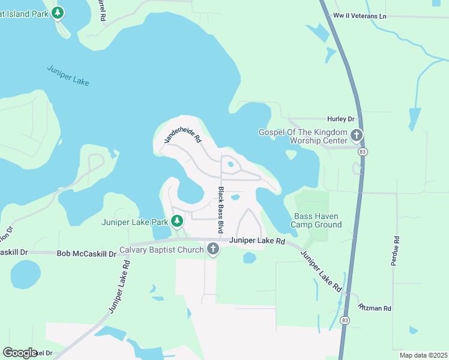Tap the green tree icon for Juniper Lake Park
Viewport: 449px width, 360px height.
177,222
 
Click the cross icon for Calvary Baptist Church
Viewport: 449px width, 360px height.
212,249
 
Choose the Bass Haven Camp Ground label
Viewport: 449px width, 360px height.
316,220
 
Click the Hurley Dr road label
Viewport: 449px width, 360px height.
341,119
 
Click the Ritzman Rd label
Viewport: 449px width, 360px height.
375,308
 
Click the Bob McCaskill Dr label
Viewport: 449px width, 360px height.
86,254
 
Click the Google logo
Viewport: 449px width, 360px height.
20,353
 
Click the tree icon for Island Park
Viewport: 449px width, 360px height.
58,12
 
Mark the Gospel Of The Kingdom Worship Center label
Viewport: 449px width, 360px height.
303,136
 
